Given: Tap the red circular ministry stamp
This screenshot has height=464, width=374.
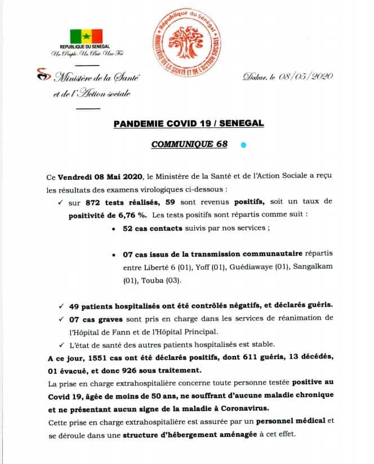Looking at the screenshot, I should click(188, 43).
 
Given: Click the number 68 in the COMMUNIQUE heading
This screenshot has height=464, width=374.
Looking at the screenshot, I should click(220, 144).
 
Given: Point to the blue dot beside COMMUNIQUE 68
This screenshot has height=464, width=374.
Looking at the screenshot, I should click(243, 145).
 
